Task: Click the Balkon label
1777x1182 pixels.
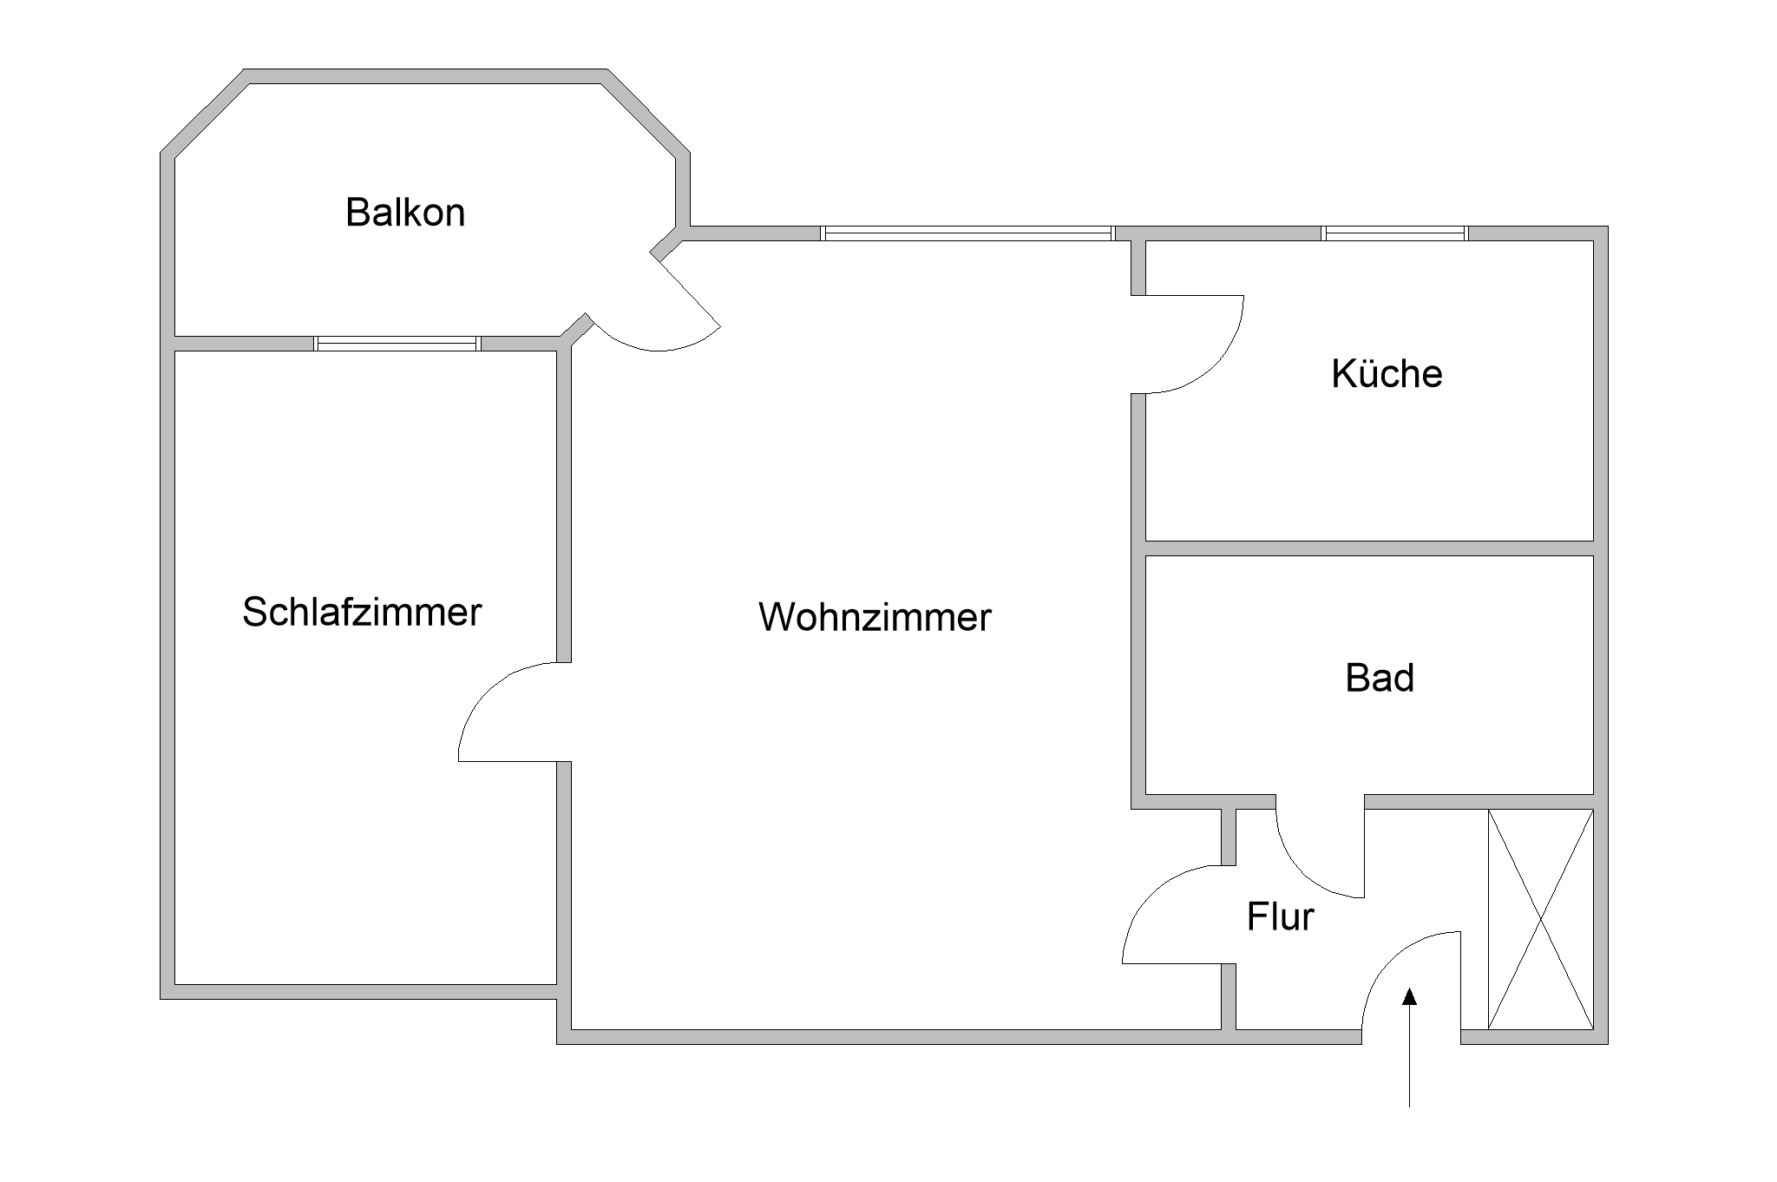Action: pyautogui.click(x=405, y=213)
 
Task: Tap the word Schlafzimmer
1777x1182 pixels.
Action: pyautogui.click(x=362, y=612)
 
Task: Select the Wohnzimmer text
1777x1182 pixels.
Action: pyautogui.click(x=875, y=617)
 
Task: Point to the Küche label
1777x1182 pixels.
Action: pyautogui.click(x=1387, y=374)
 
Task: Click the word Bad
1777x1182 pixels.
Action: pyautogui.click(x=1380, y=678)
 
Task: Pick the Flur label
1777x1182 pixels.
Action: pyautogui.click(x=1280, y=917)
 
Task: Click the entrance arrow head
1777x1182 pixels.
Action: pyautogui.click(x=1410, y=997)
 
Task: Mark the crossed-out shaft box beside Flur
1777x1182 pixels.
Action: pyautogui.click(x=1540, y=919)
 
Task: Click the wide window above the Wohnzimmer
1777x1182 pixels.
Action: pyautogui.click(x=967, y=233)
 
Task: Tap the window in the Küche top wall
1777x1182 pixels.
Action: pyautogui.click(x=1395, y=233)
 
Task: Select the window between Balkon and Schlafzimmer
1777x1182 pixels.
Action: pyautogui.click(x=397, y=344)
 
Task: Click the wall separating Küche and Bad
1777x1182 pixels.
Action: pyautogui.click(x=1369, y=548)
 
